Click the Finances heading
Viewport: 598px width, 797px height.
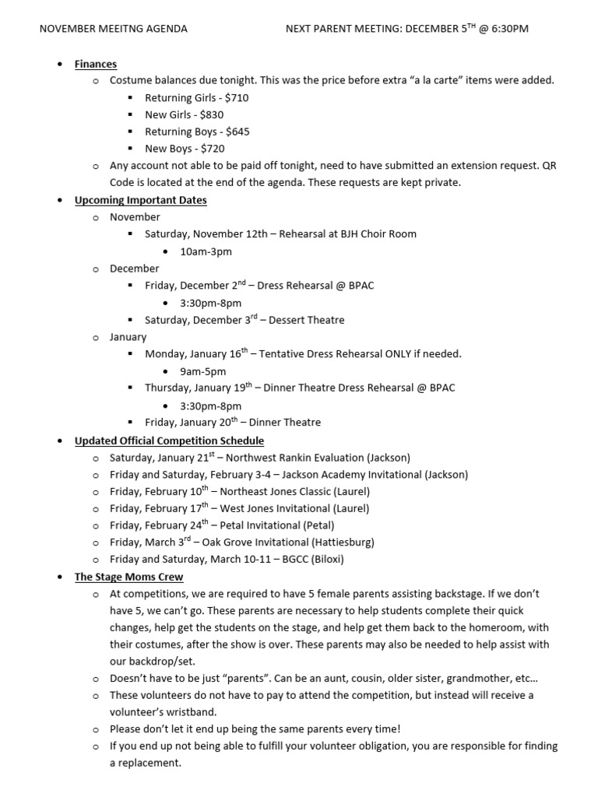coord(96,64)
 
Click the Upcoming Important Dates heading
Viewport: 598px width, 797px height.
coord(140,200)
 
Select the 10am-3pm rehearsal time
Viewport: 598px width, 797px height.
coord(206,251)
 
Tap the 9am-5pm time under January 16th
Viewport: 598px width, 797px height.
coord(202,371)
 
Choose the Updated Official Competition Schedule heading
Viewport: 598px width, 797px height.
coord(169,441)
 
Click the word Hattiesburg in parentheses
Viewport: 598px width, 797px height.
coord(343,542)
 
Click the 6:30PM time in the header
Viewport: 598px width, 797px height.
coord(505,29)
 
